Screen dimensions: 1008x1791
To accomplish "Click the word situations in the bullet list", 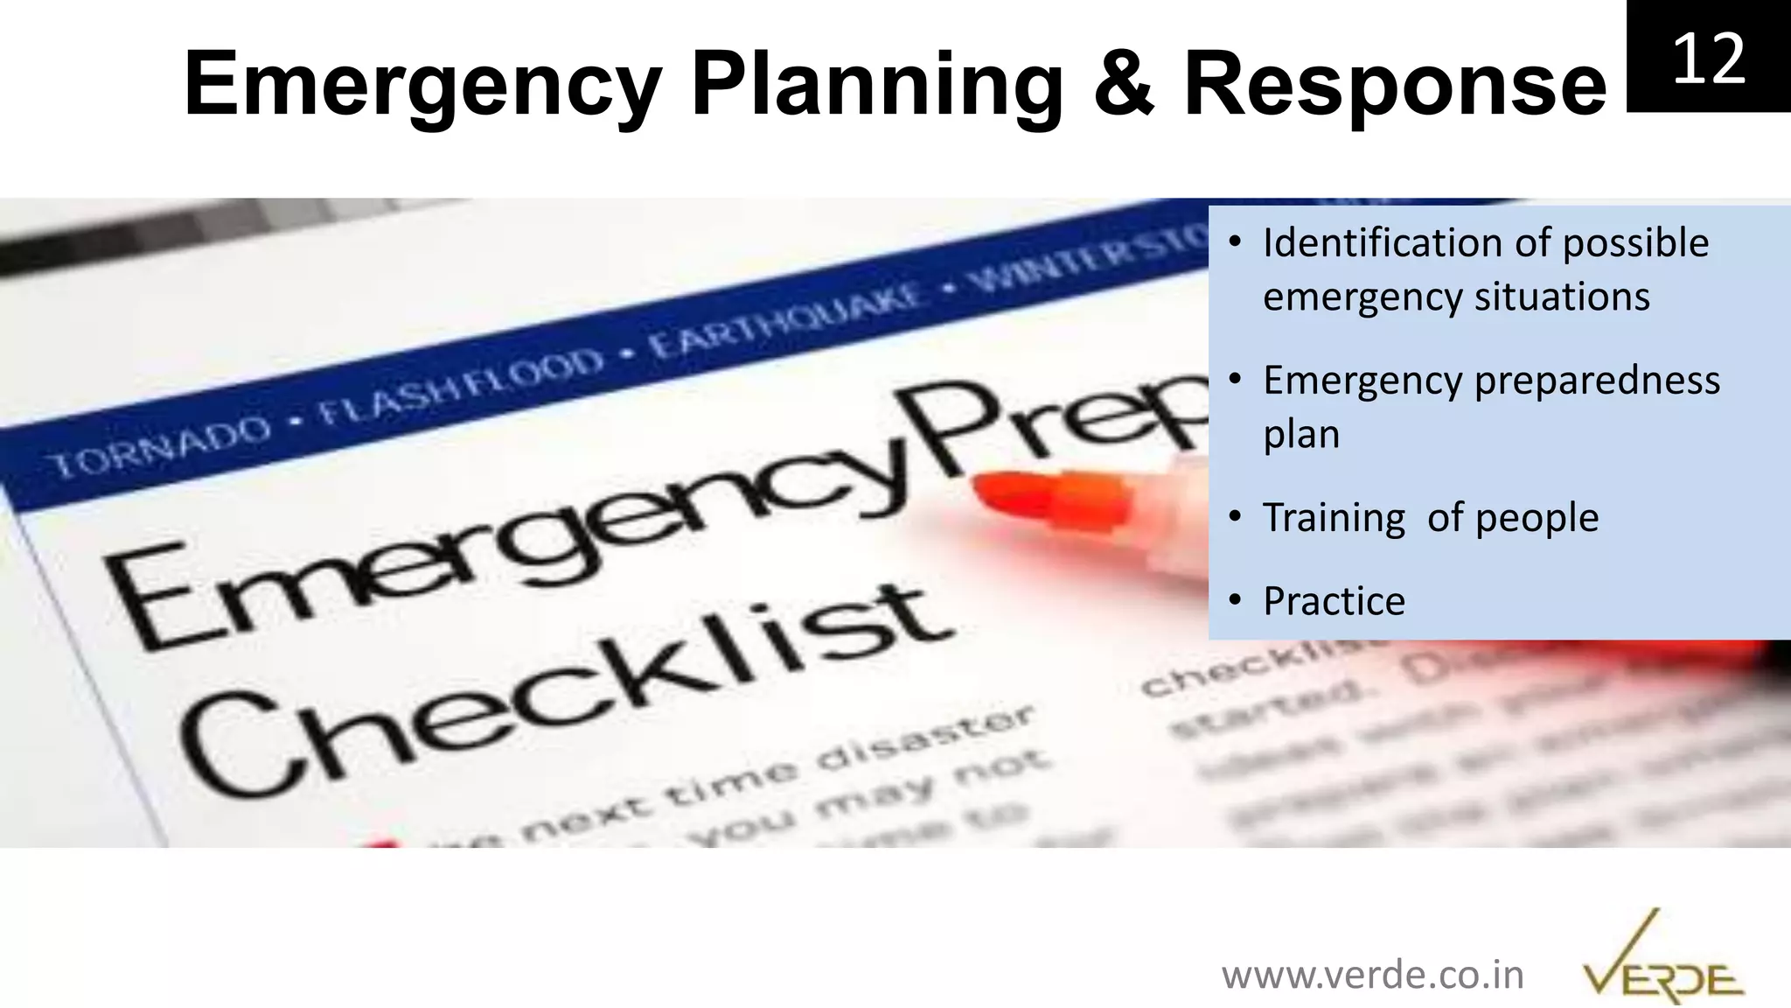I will (1562, 297).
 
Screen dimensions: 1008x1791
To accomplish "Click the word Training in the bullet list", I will (1334, 518).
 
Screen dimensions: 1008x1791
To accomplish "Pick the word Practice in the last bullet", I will (1334, 601).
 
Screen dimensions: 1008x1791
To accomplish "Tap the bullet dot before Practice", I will (1235, 600).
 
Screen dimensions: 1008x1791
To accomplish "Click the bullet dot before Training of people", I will (1235, 517).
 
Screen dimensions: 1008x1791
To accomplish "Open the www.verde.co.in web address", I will (1372, 975).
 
